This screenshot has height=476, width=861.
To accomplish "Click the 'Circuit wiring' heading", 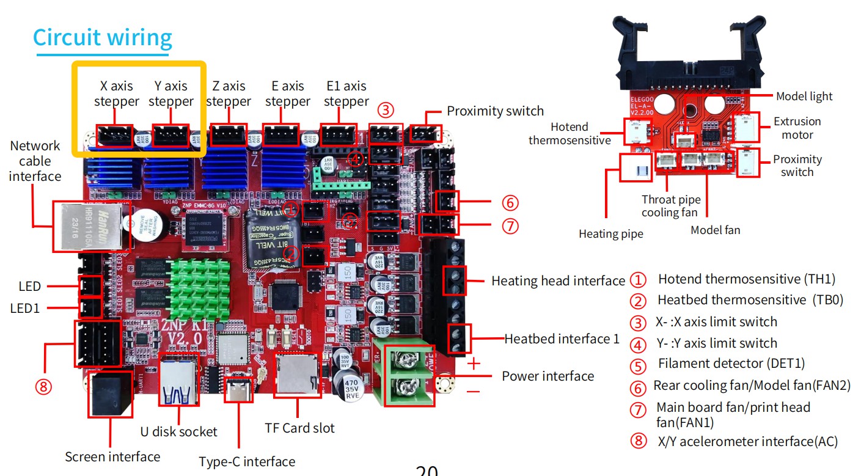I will [x=102, y=38].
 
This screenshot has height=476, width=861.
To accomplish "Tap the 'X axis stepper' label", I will [x=116, y=93].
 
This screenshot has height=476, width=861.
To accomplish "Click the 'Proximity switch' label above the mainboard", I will [x=495, y=111].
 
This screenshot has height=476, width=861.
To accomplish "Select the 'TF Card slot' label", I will [x=299, y=428].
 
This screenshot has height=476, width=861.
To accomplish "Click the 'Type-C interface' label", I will [x=247, y=461].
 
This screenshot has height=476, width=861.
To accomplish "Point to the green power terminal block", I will [x=405, y=373].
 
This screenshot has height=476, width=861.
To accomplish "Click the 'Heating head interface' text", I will [x=558, y=281].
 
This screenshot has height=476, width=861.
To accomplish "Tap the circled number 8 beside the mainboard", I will [x=43, y=386].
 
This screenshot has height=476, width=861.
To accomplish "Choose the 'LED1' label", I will [x=25, y=309].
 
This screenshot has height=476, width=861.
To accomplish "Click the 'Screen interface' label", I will [x=112, y=456].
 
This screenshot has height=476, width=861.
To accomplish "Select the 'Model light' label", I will [x=804, y=97].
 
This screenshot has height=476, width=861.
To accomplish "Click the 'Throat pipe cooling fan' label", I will [x=670, y=206].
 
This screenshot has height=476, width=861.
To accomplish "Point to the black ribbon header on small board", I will [x=689, y=52].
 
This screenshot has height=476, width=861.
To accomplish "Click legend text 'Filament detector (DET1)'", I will [x=731, y=364].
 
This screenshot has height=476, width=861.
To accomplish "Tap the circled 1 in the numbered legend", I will [x=638, y=280].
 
